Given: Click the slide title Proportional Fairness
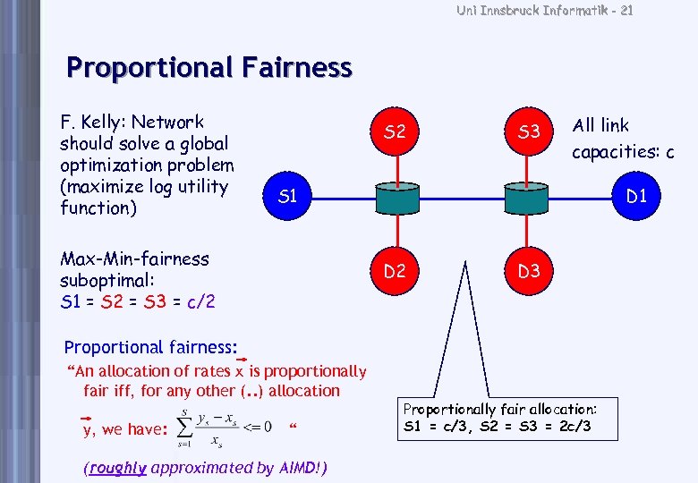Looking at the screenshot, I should (x=209, y=68).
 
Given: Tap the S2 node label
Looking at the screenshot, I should (x=395, y=132).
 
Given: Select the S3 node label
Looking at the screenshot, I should (x=529, y=132).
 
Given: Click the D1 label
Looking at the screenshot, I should (x=636, y=196).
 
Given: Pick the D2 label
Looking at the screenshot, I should (x=395, y=270).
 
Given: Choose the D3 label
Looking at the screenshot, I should (x=529, y=270).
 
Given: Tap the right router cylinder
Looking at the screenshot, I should (x=528, y=199).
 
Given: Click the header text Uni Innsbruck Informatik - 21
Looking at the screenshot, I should (x=544, y=11).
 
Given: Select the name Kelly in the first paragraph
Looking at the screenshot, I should (x=104, y=123).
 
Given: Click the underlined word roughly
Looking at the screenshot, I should (x=117, y=468).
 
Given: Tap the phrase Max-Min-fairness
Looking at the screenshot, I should (x=134, y=259).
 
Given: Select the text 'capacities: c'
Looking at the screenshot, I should (x=623, y=152).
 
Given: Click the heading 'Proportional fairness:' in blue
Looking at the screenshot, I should (x=151, y=347).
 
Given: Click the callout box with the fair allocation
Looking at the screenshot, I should (x=500, y=418).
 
